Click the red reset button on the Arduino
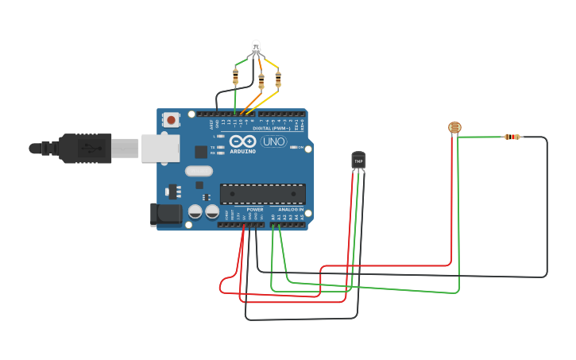click(170, 120)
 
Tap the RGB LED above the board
click(256, 47)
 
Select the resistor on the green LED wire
click(235, 76)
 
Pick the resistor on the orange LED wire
click(261, 80)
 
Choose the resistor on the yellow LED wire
click(278, 79)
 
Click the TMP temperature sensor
click(358, 160)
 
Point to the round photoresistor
click(454, 126)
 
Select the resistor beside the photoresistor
click(513, 137)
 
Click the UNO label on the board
click(274, 141)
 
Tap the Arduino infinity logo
click(242, 141)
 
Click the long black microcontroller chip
click(262, 194)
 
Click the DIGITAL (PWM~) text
click(270, 128)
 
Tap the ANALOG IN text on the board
click(290, 210)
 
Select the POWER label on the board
click(254, 210)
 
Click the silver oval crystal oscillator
click(199, 171)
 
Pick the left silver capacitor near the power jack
click(195, 211)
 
